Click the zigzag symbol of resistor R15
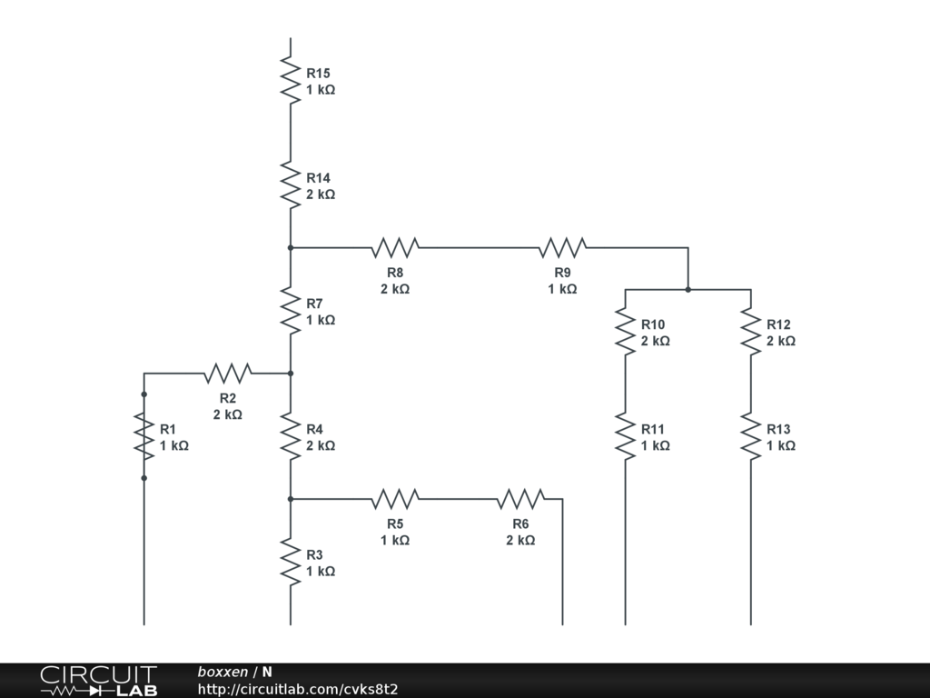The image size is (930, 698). [x=290, y=80]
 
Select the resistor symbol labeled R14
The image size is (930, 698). [x=290, y=184]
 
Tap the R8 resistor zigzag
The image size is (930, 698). [x=395, y=247]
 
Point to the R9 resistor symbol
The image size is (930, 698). [x=562, y=247]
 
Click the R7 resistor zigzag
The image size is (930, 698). [x=290, y=310]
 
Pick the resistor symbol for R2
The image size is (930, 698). [x=228, y=373]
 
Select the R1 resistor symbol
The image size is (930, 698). [x=143, y=436]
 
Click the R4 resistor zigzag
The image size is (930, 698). [x=290, y=436]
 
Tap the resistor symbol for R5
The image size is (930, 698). [x=395, y=498]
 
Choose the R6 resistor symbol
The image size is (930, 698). [x=520, y=498]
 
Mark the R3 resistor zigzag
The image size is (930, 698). [x=290, y=562]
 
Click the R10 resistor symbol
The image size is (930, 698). [x=625, y=332]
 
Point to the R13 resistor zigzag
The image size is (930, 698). [x=751, y=436]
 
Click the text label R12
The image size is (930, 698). [x=778, y=324]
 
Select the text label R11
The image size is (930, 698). [x=653, y=429]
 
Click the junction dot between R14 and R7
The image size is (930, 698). [x=290, y=247]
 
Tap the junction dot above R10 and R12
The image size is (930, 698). [x=688, y=290]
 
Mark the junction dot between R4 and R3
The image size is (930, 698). [x=290, y=498]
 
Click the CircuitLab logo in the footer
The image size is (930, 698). [x=98, y=681]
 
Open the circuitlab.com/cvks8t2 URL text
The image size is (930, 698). [x=298, y=689]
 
